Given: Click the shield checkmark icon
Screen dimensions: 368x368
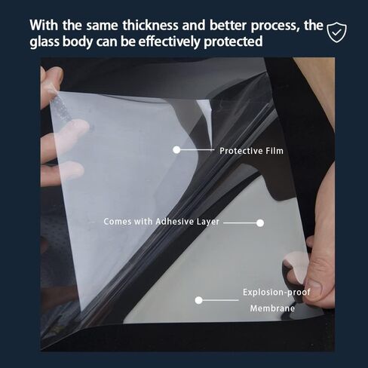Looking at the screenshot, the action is point(336,32).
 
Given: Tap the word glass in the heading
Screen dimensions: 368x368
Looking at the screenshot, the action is point(44,41).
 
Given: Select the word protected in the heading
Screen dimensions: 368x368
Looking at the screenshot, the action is point(233,41).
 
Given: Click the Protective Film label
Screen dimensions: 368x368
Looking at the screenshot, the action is point(251,151).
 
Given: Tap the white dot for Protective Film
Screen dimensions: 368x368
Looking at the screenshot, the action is point(176,150).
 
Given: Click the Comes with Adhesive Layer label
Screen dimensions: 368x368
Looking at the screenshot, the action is point(161,222).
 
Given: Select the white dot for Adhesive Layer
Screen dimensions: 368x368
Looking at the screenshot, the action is point(260,223).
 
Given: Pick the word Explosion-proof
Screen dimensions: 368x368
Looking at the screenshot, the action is point(277,293).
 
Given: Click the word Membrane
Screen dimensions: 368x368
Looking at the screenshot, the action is point(272,308).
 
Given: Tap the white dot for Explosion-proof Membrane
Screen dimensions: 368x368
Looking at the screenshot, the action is point(198,300).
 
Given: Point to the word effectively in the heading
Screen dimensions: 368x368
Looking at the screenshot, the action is point(170,41).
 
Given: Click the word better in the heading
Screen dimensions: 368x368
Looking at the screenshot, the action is point(228,26).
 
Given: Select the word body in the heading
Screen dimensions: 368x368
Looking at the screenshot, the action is point(78,41).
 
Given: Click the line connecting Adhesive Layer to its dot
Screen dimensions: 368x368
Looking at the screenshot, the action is point(240,223).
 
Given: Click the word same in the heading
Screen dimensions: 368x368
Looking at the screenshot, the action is point(102,26).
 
